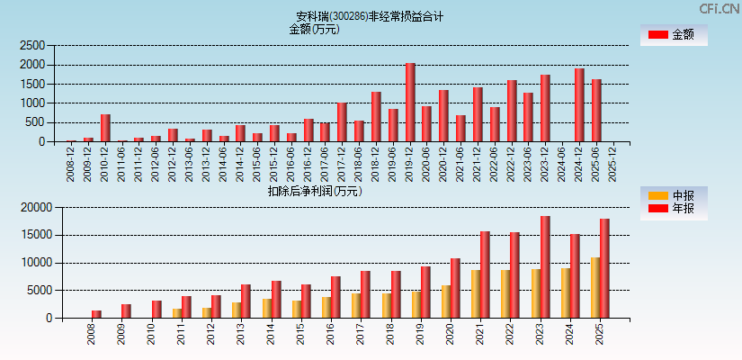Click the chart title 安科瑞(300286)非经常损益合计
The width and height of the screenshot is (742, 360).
pyautogui.click(x=370, y=16)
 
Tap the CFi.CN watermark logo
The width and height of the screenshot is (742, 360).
pyautogui.click(x=720, y=9)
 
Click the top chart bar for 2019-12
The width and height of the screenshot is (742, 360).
pyautogui.click(x=410, y=103)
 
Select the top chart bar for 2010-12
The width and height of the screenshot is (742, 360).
pyautogui.click(x=105, y=128)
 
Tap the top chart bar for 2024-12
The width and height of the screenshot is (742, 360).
pyautogui.click(x=579, y=105)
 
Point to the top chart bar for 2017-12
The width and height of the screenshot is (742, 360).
pyautogui.click(x=342, y=122)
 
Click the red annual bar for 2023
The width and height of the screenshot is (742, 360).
pyautogui.click(x=545, y=267)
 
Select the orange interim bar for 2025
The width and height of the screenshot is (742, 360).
pyautogui.click(x=595, y=288)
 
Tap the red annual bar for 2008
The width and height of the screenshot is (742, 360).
pyautogui.click(x=96, y=314)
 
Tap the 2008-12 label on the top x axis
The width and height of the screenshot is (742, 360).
pyautogui.click(x=71, y=164)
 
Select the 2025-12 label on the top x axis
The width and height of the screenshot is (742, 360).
pyautogui.click(x=612, y=164)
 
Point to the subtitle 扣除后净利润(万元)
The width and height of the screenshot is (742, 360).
pyautogui.click(x=314, y=191)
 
